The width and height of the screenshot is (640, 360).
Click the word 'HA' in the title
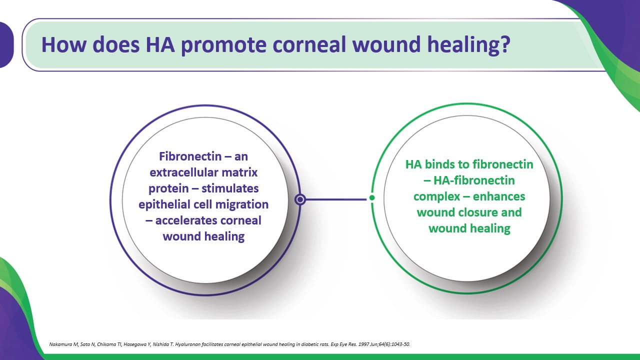(160, 44)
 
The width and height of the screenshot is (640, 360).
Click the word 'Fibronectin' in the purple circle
(190, 156)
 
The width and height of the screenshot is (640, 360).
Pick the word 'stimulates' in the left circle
(230, 188)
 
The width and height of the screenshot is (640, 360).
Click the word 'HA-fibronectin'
(474, 180)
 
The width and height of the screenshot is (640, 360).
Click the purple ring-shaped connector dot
(300, 199)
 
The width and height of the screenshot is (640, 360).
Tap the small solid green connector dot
(371, 197)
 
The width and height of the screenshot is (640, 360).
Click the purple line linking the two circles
(336, 199)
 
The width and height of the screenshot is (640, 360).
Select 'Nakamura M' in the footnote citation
(63, 344)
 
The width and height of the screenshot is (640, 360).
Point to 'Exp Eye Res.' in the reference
(343, 344)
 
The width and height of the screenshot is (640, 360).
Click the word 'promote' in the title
(223, 45)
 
